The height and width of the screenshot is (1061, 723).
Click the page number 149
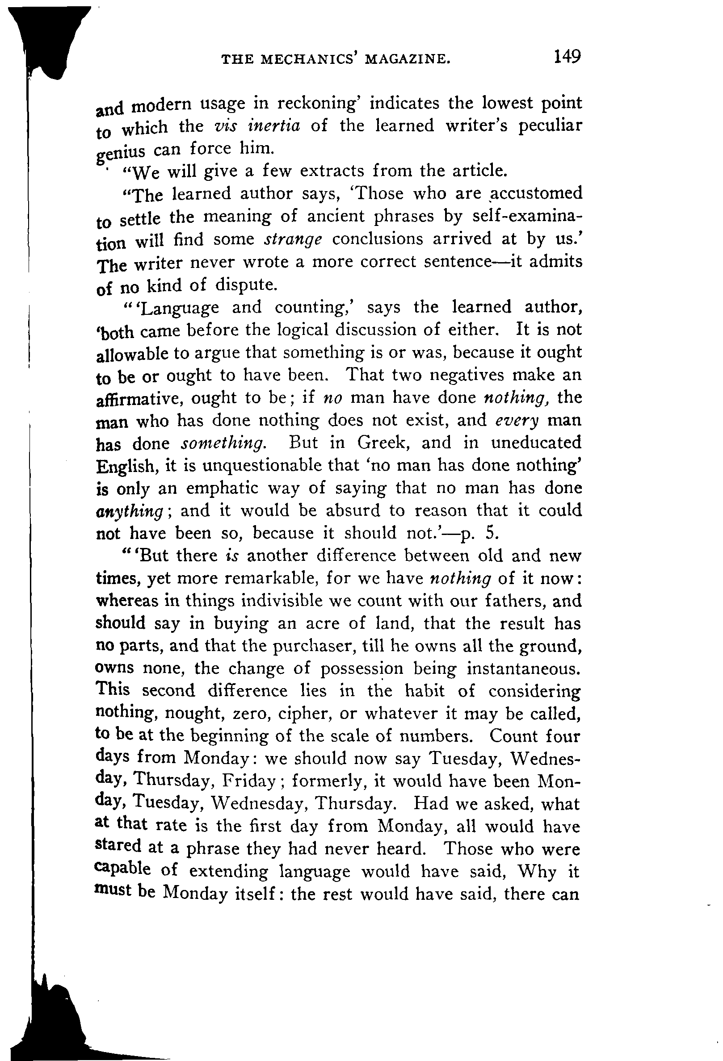567,57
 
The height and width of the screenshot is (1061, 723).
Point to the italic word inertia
273,125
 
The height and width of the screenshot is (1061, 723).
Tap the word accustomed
537,193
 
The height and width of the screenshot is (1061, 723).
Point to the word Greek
384,443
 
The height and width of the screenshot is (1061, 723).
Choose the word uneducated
536,443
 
